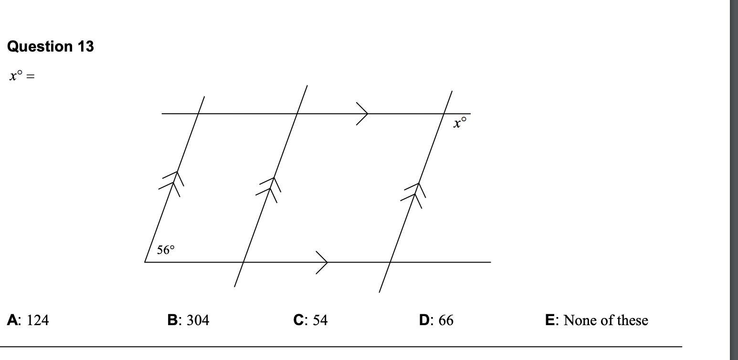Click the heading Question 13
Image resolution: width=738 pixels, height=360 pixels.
click(x=51, y=46)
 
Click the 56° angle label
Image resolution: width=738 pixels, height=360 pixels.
click(x=166, y=250)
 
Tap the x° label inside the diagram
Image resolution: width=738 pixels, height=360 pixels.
click(x=460, y=123)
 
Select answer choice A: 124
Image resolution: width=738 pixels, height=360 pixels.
click(x=28, y=320)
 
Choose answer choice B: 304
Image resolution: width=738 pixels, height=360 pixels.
click(x=188, y=320)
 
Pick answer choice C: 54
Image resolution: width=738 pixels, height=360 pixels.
click(x=310, y=320)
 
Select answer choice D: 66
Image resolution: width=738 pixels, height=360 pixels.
click(x=436, y=320)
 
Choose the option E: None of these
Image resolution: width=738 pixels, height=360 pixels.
click(x=596, y=320)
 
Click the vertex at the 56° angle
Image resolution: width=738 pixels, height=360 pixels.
click(x=145, y=262)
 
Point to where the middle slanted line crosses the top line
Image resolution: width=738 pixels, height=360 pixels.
click(x=297, y=114)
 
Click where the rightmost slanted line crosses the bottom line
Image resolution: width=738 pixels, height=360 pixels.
click(x=390, y=262)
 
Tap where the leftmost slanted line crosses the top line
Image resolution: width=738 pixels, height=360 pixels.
click(x=198, y=114)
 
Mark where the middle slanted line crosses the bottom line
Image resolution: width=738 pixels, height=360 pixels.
click(x=243, y=262)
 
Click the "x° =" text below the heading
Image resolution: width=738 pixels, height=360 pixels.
click(x=22, y=76)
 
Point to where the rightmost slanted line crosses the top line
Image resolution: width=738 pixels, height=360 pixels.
click(x=444, y=114)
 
